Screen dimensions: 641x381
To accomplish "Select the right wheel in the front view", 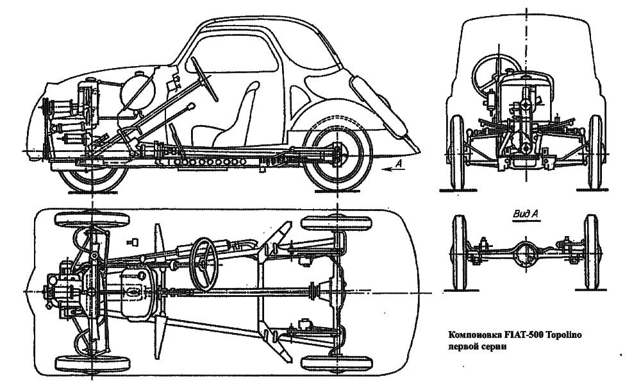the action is click(595, 152).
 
